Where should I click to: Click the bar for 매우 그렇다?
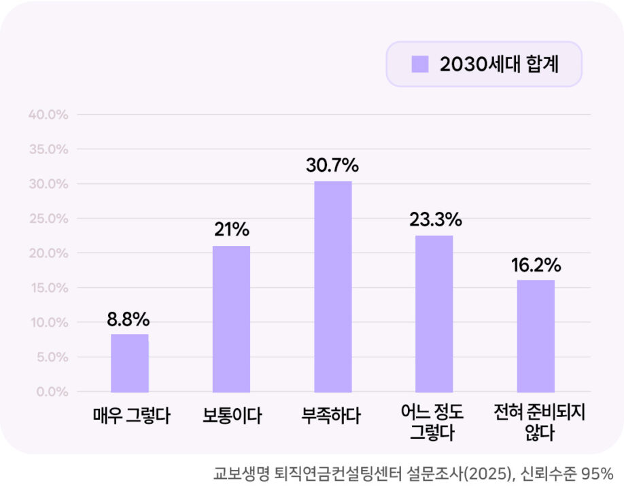coord(130,363)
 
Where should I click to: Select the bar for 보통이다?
coord(231,319)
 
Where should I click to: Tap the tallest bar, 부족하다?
coord(333,286)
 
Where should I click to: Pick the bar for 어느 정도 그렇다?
coord(434,313)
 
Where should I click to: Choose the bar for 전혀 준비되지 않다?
coord(536,336)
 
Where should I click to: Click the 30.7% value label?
coord(332,166)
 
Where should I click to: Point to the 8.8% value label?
coord(128,319)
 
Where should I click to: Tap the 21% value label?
coord(231,230)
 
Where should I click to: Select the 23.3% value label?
coord(435,220)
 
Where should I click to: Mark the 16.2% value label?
coord(536,264)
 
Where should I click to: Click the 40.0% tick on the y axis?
coord(49,115)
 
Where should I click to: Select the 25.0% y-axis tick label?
coord(49,219)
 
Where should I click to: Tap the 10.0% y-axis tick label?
coord(49,323)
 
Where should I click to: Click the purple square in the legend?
coord(420,64)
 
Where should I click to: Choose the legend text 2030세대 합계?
coord(499,64)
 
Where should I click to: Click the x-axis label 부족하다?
coord(332,415)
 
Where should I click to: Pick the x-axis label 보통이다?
coord(231,415)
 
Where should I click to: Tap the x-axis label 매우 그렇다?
coord(131,415)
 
